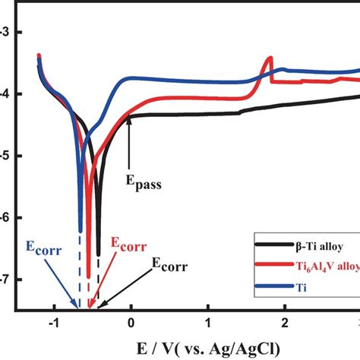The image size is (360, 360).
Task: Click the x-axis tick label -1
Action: [52, 322]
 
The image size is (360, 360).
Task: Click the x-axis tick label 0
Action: [131, 322]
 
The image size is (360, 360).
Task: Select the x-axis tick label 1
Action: [208, 322]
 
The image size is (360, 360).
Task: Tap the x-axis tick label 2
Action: [285, 322]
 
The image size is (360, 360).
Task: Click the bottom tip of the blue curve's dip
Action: [80, 230]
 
